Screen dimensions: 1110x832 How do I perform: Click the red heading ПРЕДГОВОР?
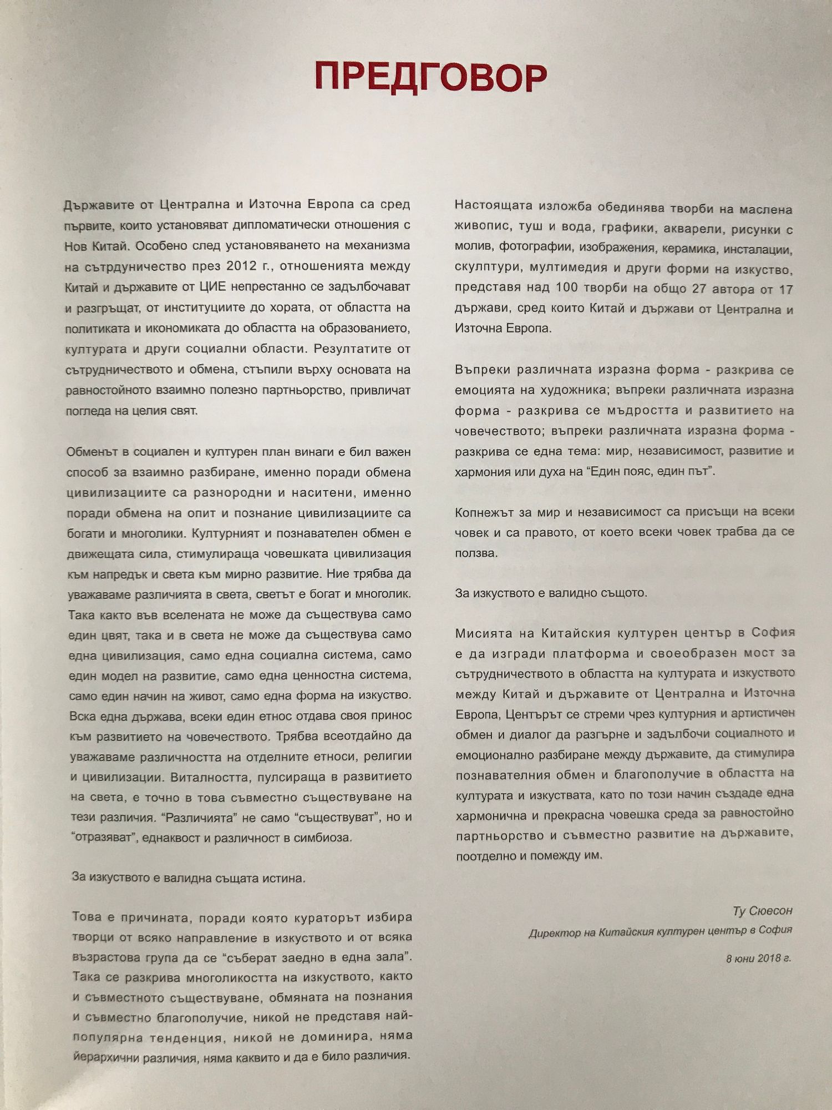point(430,77)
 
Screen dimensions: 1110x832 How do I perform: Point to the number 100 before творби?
point(564,289)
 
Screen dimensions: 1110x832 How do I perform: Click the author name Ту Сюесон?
point(762,911)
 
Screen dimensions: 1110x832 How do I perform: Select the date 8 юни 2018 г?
point(758,958)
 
